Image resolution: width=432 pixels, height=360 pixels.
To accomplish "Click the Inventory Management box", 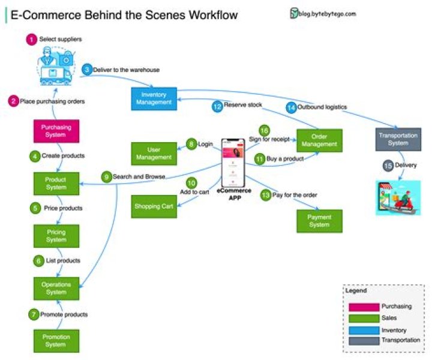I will (154, 99).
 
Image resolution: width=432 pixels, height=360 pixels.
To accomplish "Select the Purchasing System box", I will (56, 131).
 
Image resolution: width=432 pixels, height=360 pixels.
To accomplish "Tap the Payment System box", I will (319, 221).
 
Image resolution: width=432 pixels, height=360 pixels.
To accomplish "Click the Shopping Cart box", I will (154, 206).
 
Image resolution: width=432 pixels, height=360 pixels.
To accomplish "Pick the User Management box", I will (154, 153).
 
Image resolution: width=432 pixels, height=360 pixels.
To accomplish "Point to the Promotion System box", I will (56, 341).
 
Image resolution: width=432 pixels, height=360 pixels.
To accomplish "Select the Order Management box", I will (319, 140).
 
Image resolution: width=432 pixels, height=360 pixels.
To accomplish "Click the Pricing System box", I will (56, 236).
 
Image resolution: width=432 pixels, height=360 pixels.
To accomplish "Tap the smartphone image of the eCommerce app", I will (234, 164).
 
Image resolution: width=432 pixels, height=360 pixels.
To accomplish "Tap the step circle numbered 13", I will (265, 195).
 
